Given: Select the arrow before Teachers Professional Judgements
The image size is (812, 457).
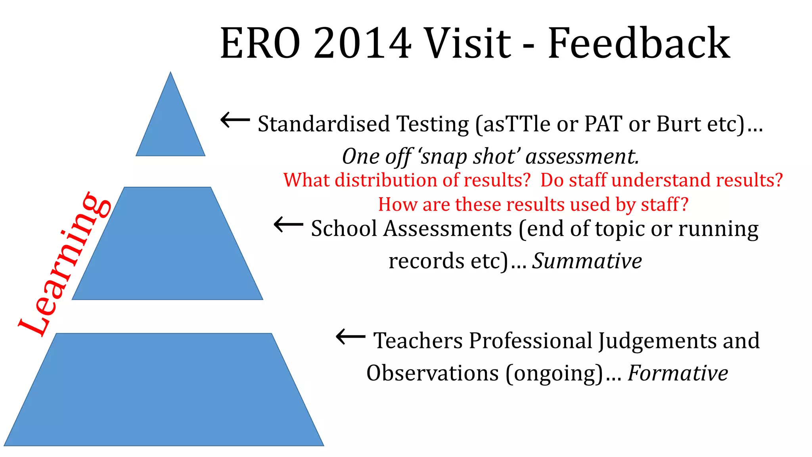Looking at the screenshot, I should pyautogui.click(x=350, y=337).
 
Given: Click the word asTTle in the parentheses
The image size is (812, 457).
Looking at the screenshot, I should pyautogui.click(x=517, y=124).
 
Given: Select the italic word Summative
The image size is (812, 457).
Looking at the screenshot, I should pyautogui.click(x=587, y=261).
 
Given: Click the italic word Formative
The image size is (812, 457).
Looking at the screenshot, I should pyautogui.click(x=678, y=373).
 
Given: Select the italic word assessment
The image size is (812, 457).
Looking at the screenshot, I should pyautogui.click(x=582, y=157).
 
